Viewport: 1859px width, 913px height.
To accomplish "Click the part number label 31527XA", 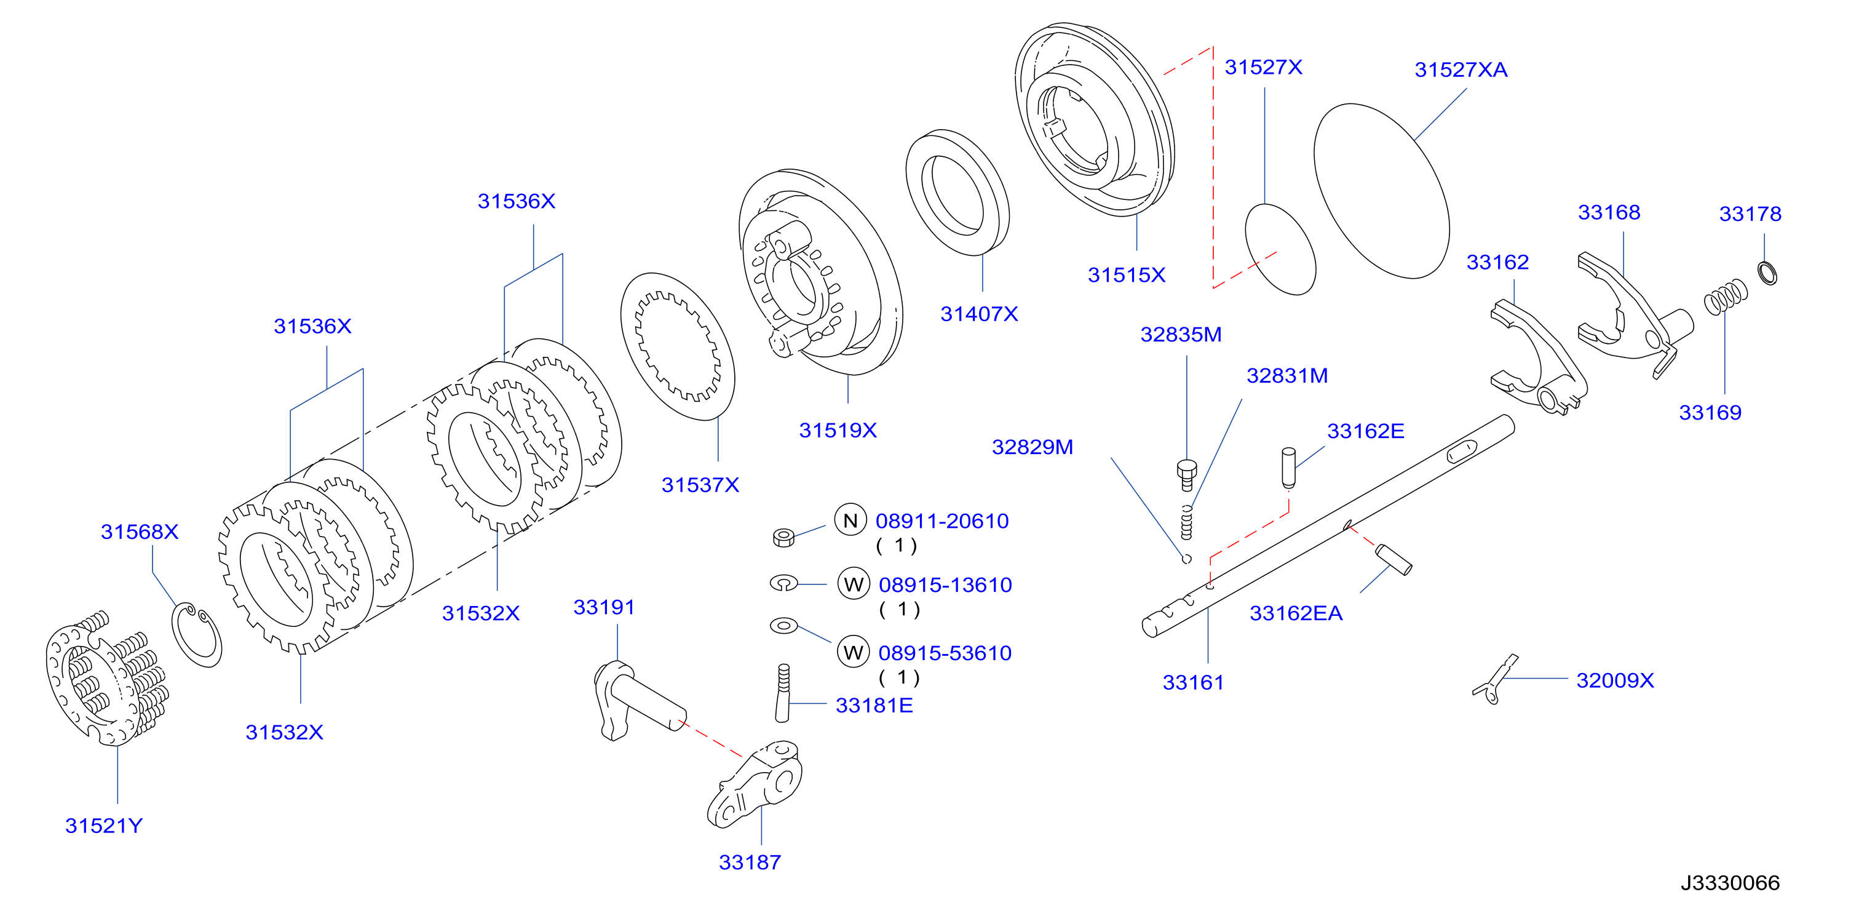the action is pyautogui.click(x=1461, y=70).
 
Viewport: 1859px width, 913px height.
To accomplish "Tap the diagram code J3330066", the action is pyautogui.click(x=1730, y=883).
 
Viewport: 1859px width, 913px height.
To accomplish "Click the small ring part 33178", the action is pyautogui.click(x=1767, y=273).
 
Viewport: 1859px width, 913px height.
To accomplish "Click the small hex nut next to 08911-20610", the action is pyautogui.click(x=783, y=537).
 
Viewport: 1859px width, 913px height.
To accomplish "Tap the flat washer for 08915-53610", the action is pyautogui.click(x=783, y=625).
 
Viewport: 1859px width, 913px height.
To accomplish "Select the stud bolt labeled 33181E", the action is pyautogui.click(x=783, y=693).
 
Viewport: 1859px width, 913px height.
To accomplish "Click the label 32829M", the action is pyautogui.click(x=1032, y=447).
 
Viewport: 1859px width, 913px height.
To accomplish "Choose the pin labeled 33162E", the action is pyautogui.click(x=1289, y=467).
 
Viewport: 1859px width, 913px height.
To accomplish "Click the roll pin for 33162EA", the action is pyautogui.click(x=1393, y=559).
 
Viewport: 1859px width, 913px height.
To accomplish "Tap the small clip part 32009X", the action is pyautogui.click(x=1494, y=680).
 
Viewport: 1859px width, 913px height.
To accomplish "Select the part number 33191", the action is pyautogui.click(x=604, y=608).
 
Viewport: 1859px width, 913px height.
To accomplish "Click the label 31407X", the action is pyautogui.click(x=978, y=314).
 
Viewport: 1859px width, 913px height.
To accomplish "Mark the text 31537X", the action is pyautogui.click(x=700, y=485).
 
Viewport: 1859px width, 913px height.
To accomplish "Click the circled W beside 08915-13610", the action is pyautogui.click(x=853, y=584).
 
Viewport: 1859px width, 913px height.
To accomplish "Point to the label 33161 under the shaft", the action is pyautogui.click(x=1193, y=683).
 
